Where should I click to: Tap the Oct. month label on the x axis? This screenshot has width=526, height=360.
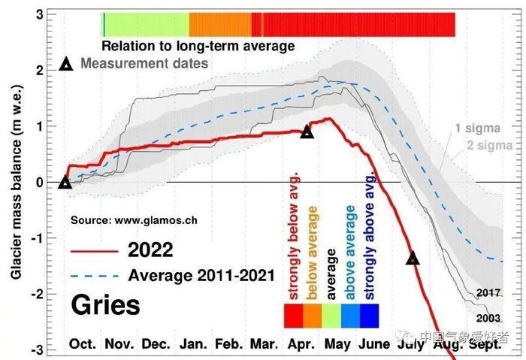pyautogui.click(x=83, y=344)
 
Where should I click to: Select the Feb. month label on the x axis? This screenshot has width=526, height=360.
pyautogui.click(x=228, y=344)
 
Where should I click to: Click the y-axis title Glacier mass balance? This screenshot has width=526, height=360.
pyautogui.click(x=16, y=181)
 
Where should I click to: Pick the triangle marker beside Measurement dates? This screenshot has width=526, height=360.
pyautogui.click(x=66, y=65)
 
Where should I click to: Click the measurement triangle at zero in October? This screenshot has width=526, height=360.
pyautogui.click(x=65, y=182)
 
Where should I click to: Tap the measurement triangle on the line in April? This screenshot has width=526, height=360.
pyautogui.click(x=307, y=132)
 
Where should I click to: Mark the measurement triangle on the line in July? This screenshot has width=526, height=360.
pyautogui.click(x=413, y=258)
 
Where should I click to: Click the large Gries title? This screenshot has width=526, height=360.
pyautogui.click(x=105, y=306)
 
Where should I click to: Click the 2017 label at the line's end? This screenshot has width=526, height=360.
pyautogui.click(x=489, y=292)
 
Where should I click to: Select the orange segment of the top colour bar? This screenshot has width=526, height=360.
pyautogui.click(x=220, y=24)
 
